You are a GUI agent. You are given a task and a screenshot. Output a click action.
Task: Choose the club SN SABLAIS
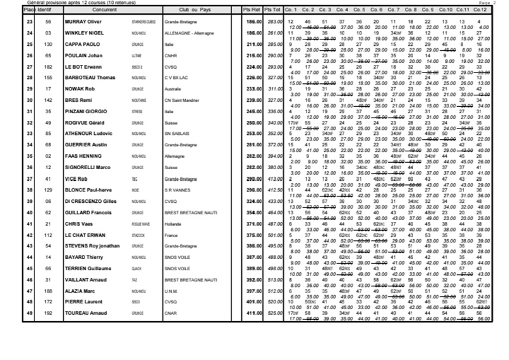pos(177,133)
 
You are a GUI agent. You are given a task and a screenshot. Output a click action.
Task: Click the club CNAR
pos(171,313)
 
